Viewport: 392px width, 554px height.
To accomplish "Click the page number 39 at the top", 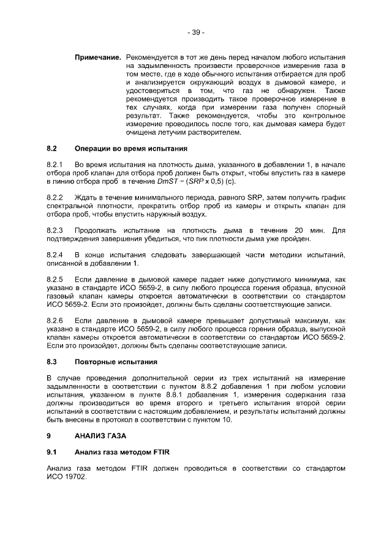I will click(x=196, y=31).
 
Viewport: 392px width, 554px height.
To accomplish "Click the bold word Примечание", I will click(x=97, y=56).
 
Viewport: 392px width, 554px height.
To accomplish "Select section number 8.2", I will click(x=53, y=148).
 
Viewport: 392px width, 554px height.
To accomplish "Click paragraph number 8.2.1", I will click(x=55, y=164).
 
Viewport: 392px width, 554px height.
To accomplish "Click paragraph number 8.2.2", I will click(x=55, y=198).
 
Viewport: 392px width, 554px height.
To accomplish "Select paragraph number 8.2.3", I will click(x=55, y=230).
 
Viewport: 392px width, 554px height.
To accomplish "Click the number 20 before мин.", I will click(x=299, y=230).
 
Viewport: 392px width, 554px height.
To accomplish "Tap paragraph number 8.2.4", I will click(x=55, y=254).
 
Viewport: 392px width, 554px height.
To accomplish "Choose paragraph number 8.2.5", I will click(x=55, y=279).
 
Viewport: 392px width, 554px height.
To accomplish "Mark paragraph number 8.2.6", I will click(x=55, y=320).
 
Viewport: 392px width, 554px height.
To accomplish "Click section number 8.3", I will click(x=53, y=362).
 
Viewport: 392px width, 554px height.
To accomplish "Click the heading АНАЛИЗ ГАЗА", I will click(x=100, y=436).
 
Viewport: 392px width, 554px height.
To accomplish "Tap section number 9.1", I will click(x=52, y=452).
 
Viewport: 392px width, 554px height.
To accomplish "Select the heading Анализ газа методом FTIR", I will click(x=122, y=452).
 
